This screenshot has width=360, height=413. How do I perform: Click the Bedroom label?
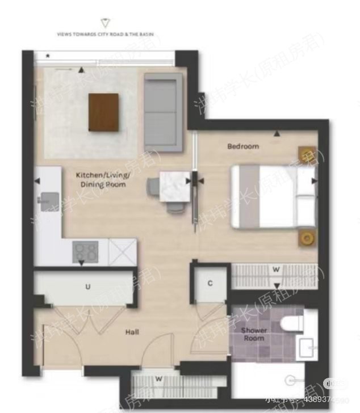point(243,146)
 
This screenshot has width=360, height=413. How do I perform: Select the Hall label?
point(132,332)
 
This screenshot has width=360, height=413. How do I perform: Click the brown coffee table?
point(104,112)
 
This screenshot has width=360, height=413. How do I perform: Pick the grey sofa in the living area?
point(163,112)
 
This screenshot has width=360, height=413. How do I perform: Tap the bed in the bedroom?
point(273,196)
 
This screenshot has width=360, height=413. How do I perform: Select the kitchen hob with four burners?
point(85,251)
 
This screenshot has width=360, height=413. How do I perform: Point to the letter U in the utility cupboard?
point(88,287)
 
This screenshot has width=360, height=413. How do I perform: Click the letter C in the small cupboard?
point(210,283)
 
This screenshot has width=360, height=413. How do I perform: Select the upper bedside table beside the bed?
point(307,154)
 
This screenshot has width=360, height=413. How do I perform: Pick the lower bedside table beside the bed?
point(308,238)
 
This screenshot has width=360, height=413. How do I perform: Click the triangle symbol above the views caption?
point(104,23)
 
